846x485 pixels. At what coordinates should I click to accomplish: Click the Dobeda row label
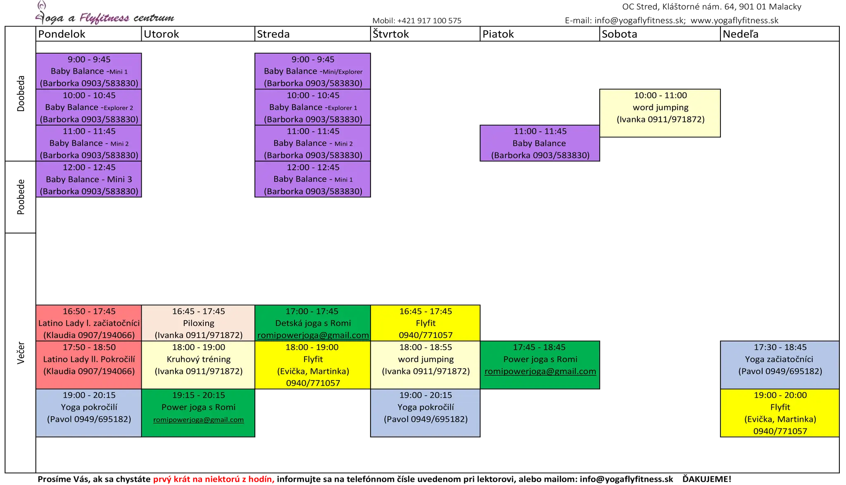coord(21,94)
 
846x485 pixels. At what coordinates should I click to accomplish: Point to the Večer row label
coord(21,353)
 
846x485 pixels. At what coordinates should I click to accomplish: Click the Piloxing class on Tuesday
coord(198,323)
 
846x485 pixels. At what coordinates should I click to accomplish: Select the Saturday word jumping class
coord(660,113)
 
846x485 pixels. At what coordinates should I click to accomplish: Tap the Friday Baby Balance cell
coord(540,143)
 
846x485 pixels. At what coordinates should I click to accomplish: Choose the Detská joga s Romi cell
coord(313,323)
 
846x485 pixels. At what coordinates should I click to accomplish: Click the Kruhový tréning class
coord(198,365)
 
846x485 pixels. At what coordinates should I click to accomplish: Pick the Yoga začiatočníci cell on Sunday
coord(780,365)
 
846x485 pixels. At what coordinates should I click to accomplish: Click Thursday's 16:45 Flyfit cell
coord(425,323)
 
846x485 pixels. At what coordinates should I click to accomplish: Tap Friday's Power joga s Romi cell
coord(540,365)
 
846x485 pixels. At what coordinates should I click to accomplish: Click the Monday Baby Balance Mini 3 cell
coord(89,179)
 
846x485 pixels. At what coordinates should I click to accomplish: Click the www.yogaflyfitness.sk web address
coord(734,20)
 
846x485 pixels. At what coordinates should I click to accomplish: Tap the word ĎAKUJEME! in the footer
coord(707,479)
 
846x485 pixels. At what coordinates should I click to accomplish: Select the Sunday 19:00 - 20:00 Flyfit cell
coord(780,413)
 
